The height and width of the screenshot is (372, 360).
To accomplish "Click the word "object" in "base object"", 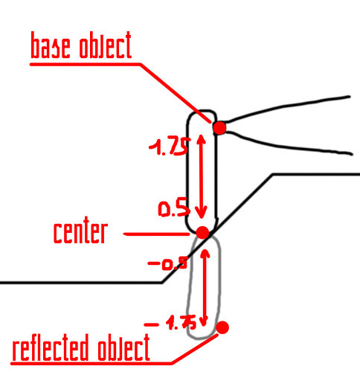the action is [105, 45].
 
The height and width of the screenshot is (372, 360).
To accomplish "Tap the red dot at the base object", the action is [219, 128].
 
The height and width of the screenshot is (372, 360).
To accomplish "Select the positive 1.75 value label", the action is [170, 147].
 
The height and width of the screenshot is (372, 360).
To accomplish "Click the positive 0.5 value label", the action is [174, 208].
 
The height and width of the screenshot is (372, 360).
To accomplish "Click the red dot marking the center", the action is [202, 233].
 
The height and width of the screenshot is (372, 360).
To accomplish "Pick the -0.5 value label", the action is [167, 263].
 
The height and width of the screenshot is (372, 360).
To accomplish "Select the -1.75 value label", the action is [170, 322].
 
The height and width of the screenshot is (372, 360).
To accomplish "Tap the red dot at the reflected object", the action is [222, 327].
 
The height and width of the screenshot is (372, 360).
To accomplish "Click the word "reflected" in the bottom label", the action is [51, 347].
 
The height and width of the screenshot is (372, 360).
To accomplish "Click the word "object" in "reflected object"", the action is [123, 347].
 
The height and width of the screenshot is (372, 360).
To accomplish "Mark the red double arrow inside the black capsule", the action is [201, 176].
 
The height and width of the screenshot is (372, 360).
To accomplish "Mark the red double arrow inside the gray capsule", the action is [205, 288].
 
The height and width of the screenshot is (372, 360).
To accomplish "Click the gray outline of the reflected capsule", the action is [219, 285].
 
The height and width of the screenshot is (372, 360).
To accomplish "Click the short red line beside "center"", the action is [157, 234].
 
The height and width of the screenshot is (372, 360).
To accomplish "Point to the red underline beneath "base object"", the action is [85, 64].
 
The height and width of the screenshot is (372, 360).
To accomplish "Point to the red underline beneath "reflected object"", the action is [91, 364].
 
